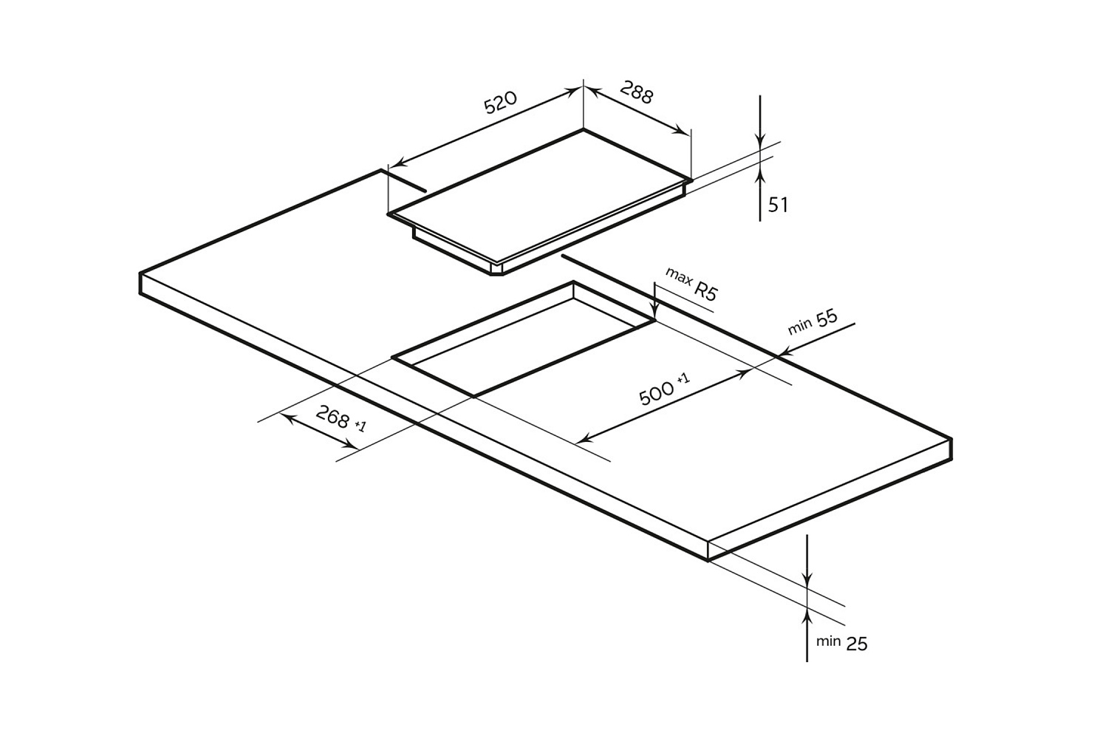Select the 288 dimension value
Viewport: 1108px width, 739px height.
click(x=636, y=93)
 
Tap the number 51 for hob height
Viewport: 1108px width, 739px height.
click(x=778, y=205)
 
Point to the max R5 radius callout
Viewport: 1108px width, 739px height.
click(x=691, y=283)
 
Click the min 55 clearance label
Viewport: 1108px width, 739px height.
click(x=813, y=321)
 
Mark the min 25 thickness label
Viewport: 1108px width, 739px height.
click(x=842, y=642)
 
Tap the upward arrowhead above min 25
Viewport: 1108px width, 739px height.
click(x=807, y=613)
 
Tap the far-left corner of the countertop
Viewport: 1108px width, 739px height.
click(x=140, y=275)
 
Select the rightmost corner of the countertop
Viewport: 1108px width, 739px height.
click(x=951, y=440)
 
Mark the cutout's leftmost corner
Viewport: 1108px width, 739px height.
click(x=394, y=358)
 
